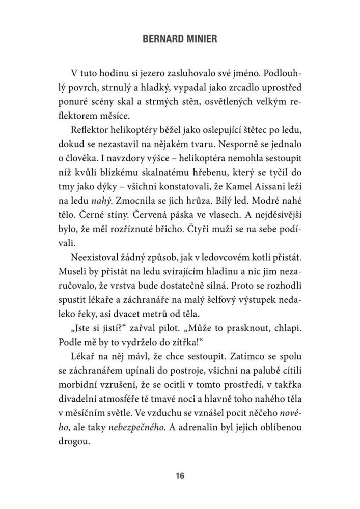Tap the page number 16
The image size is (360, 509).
(179, 476)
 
